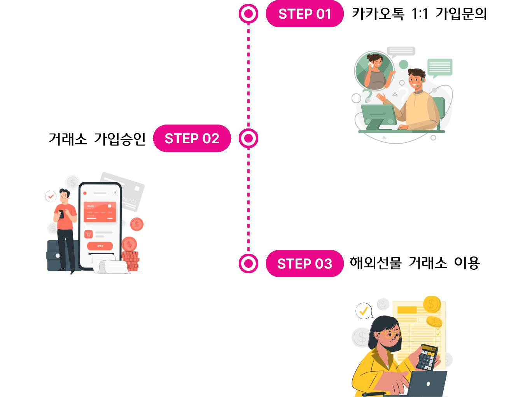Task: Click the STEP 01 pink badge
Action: coord(304,14)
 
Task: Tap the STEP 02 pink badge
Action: coord(192,139)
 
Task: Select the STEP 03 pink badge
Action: coord(304,264)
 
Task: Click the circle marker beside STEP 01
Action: coord(248,14)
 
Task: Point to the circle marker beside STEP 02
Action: coord(248,138)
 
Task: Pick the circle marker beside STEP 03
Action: coord(248,263)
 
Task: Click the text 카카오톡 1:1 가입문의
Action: coord(419,14)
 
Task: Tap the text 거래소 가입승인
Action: coord(97,139)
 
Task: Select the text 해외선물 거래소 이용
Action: coord(415,263)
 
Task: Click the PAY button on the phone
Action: coord(100,246)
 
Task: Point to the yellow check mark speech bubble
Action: coord(364,311)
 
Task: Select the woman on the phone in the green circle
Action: coord(374,71)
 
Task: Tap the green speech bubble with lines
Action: coord(440,67)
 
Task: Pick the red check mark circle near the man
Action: coord(51,197)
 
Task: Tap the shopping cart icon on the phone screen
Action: coord(89,234)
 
